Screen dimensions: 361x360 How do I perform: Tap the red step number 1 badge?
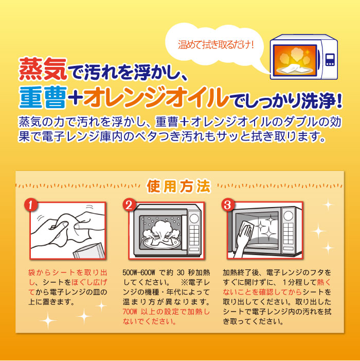31,205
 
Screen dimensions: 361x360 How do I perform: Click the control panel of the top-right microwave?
330,59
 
